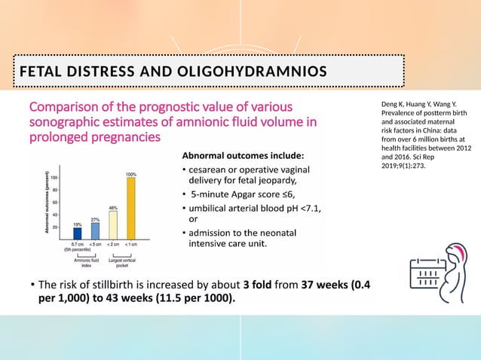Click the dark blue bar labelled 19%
[x=77, y=233]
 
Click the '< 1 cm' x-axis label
[x=130, y=245]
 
